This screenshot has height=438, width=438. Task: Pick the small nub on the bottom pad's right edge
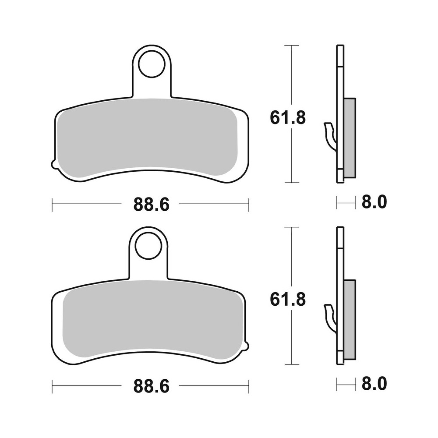click(x=248, y=346)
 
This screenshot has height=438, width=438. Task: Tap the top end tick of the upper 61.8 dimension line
click(x=291, y=45)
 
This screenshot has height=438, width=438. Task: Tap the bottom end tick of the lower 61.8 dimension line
click(x=291, y=364)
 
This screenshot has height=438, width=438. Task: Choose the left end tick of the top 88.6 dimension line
click(x=52, y=204)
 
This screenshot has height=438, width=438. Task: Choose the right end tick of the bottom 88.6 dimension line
click(x=249, y=385)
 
